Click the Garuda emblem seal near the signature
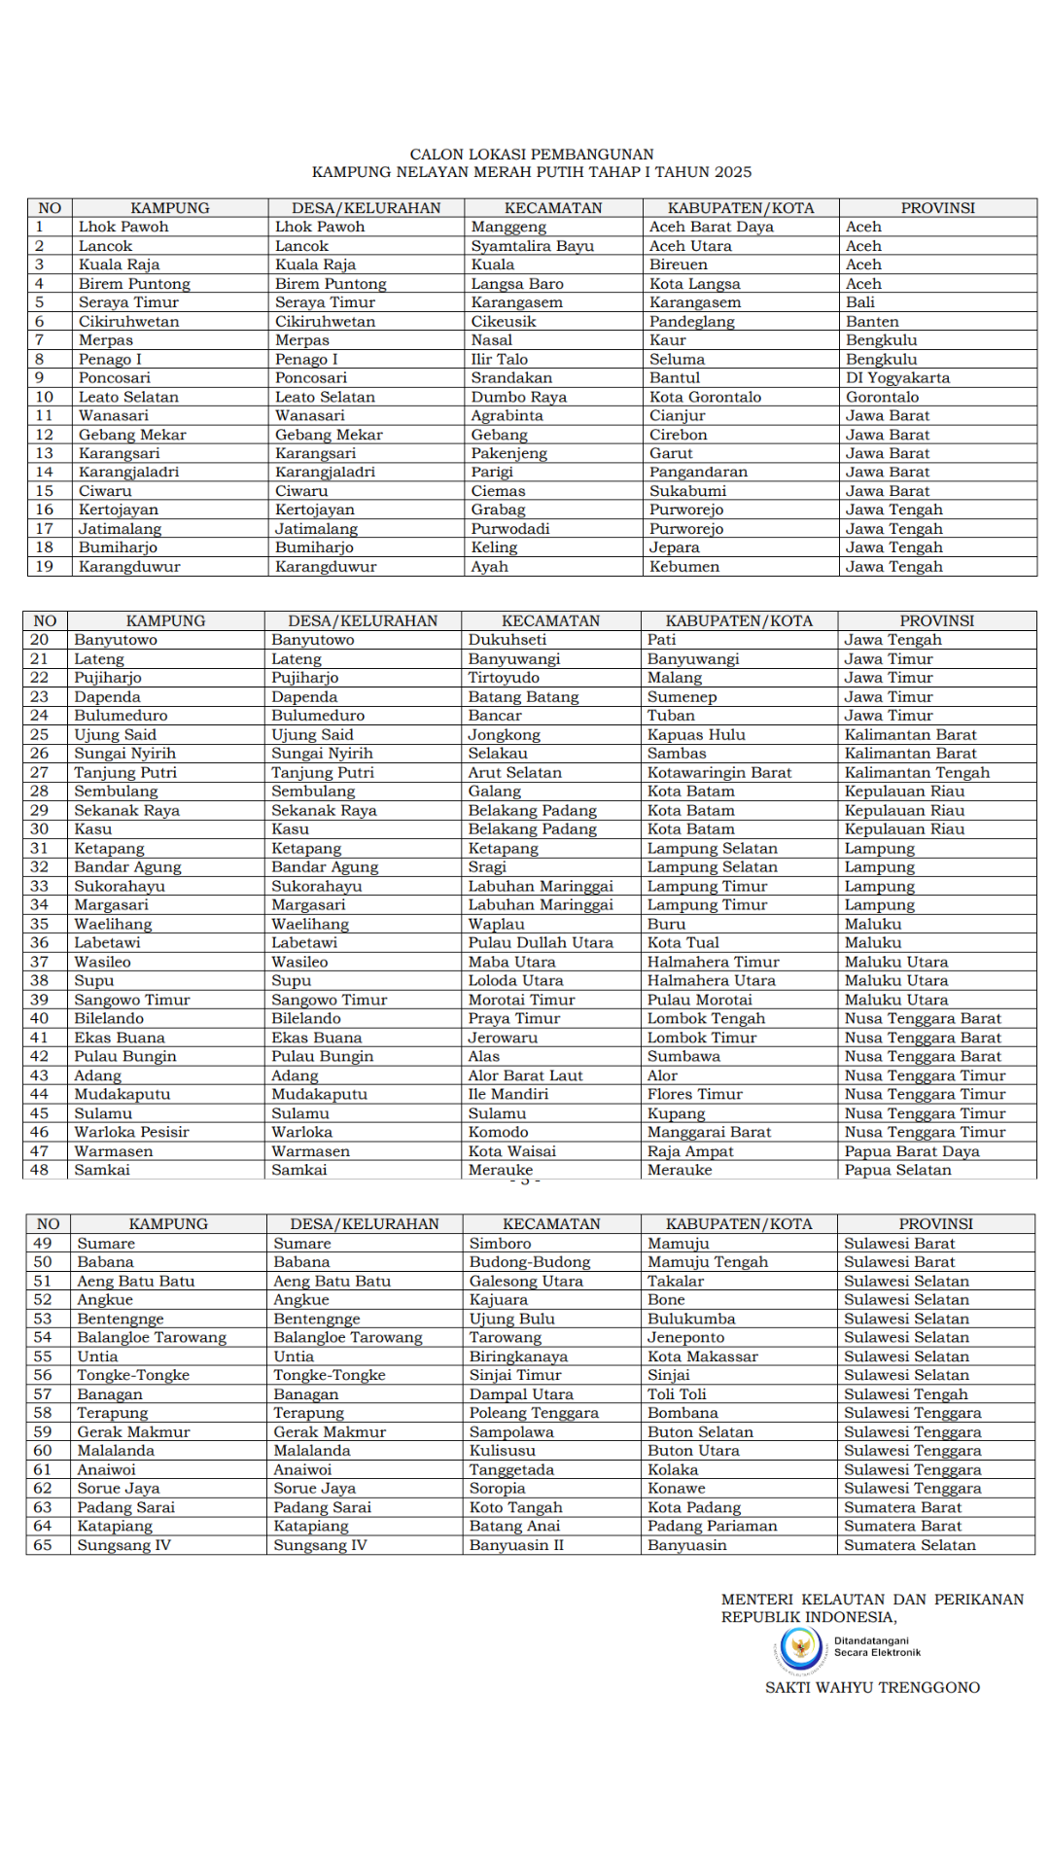tap(801, 1648)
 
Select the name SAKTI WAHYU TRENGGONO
tap(872, 1688)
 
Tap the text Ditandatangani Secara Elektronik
tap(876, 1646)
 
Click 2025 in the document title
tap(732, 172)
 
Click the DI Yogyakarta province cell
tap(897, 378)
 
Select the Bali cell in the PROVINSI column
tap(860, 302)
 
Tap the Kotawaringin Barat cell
tap(719, 773)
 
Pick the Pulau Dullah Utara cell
tap(541, 943)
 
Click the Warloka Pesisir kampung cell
tap(131, 1133)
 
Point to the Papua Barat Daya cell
tap(912, 1151)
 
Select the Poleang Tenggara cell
tap(534, 1413)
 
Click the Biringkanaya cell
tap(518, 1356)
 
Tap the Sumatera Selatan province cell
tap(910, 1545)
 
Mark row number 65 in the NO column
tap(43, 1545)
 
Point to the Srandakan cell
tap(511, 378)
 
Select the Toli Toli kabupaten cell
tap(677, 1394)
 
